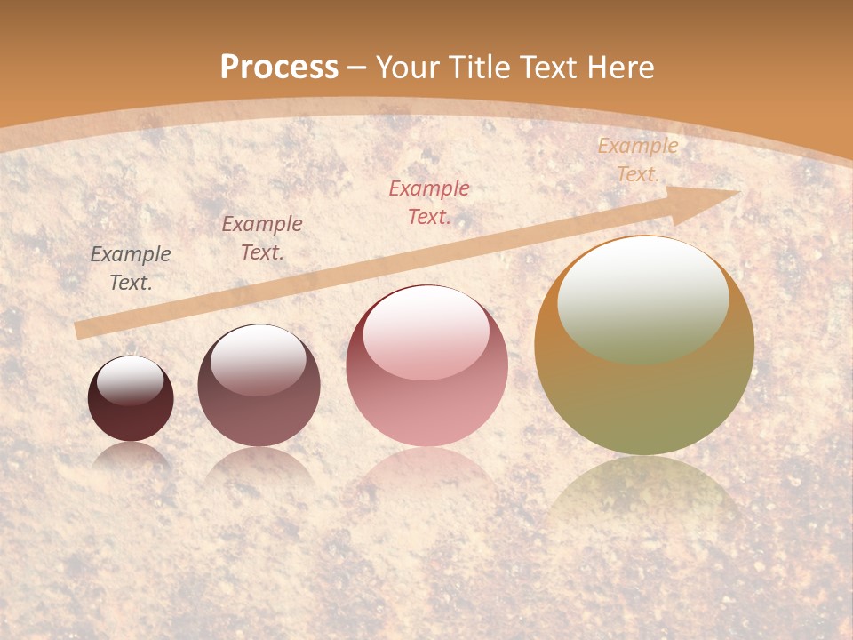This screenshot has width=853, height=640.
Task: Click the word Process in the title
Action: coord(279,68)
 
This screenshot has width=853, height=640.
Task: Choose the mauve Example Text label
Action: coord(262,238)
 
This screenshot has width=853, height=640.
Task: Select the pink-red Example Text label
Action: coord(429,203)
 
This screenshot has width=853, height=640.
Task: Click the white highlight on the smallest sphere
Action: coord(130,380)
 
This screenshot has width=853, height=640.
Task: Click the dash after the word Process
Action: coord(357,68)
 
